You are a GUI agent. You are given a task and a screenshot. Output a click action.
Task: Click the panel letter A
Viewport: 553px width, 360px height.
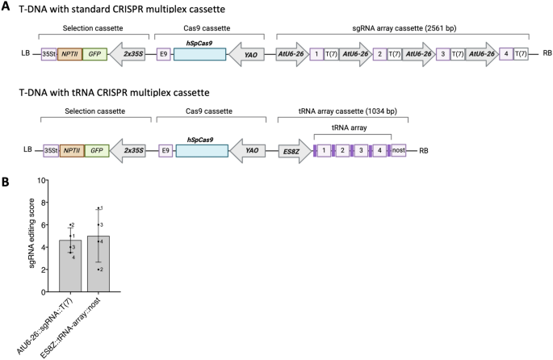pos(6,6)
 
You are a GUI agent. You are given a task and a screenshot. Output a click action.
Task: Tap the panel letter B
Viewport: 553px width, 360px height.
pos(6,186)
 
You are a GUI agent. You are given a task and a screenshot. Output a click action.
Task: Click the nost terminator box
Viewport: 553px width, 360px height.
pos(397,150)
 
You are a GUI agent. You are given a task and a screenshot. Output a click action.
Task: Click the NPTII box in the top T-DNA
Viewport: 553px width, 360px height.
pos(70,55)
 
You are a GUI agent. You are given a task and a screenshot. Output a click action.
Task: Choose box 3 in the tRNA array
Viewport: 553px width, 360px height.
pos(360,150)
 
